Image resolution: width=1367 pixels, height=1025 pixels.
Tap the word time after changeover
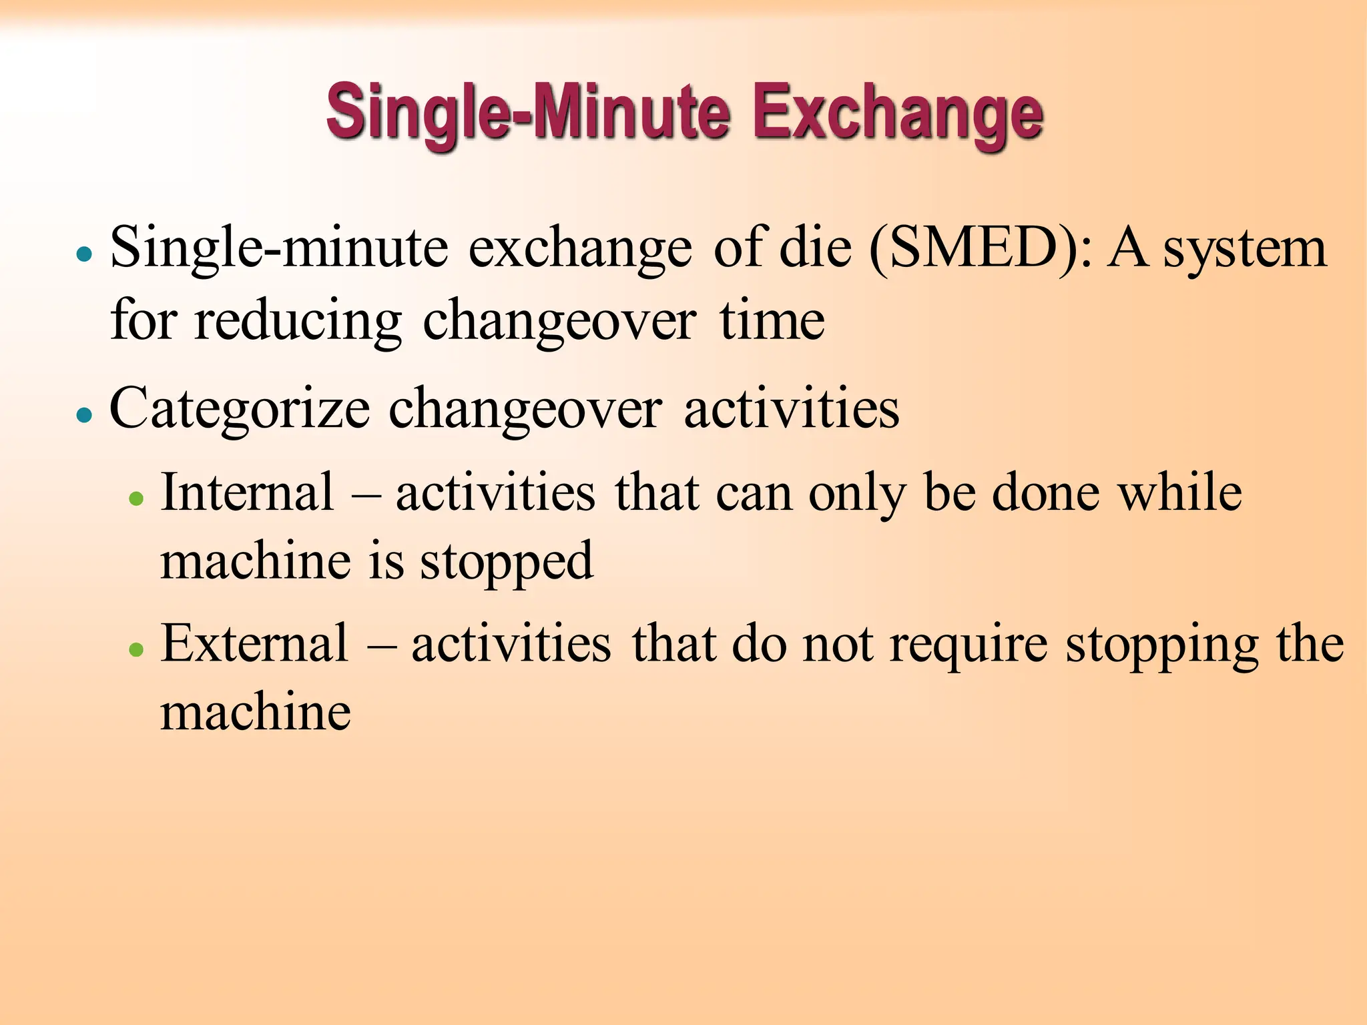[x=772, y=320]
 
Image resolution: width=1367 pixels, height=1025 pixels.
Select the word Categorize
[x=240, y=409]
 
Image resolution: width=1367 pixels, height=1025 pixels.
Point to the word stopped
[x=507, y=562]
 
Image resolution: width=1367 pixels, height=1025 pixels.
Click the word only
[x=857, y=494]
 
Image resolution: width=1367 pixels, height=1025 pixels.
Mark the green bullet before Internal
[x=137, y=498]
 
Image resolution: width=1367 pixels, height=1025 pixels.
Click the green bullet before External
[x=137, y=649]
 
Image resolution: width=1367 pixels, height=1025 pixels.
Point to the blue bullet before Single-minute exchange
[x=84, y=254]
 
